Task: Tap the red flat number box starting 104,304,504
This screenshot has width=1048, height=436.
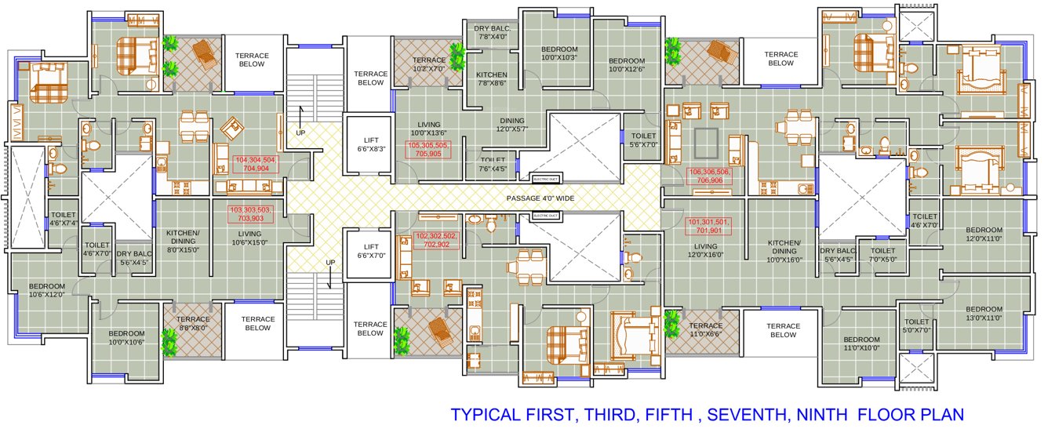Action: [257, 164]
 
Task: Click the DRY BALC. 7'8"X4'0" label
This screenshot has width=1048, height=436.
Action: [492, 32]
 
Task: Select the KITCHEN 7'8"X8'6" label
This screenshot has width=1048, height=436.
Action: [492, 80]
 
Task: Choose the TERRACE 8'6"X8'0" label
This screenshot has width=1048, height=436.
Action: [193, 324]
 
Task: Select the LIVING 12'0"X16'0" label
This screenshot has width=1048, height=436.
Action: [705, 250]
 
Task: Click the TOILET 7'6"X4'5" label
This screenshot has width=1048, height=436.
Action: [493, 164]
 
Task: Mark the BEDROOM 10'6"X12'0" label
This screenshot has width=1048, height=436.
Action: [47, 290]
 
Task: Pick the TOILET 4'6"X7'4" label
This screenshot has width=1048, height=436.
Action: [63, 219]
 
